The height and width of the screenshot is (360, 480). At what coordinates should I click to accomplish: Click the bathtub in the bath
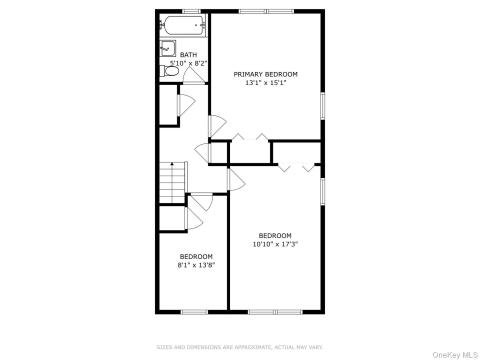[x=183, y=26]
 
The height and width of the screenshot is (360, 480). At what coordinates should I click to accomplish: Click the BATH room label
[x=188, y=55]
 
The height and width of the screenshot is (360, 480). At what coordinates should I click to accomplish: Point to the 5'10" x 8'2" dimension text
[x=188, y=63]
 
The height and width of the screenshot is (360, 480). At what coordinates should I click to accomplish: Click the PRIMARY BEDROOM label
[x=265, y=74]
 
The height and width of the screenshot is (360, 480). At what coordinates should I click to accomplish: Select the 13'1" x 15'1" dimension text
[x=265, y=83]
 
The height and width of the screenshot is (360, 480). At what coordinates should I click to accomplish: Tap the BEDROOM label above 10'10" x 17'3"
[x=275, y=235]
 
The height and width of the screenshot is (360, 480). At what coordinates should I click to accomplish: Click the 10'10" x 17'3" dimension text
[x=275, y=244]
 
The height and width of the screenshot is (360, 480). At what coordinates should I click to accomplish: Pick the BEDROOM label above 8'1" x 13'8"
[x=196, y=257]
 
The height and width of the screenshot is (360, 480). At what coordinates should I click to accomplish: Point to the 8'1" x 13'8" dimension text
[x=196, y=265]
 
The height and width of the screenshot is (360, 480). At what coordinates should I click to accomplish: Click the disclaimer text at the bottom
[x=240, y=347]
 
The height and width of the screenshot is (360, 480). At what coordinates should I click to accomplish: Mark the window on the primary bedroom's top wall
[x=265, y=11]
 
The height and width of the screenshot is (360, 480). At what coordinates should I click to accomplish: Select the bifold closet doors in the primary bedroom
[x=249, y=138]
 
